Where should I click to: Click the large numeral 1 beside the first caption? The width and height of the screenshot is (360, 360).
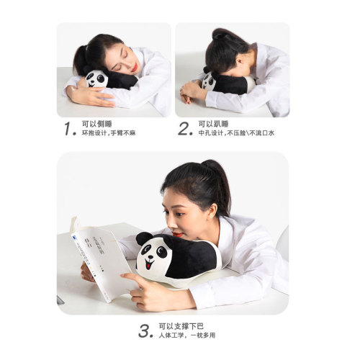(x=68, y=129)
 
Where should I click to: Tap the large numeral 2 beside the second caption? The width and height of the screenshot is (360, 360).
(x=185, y=129)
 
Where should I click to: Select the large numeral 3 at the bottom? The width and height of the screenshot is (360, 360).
(x=146, y=330)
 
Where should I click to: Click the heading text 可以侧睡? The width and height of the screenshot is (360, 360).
(x=98, y=124)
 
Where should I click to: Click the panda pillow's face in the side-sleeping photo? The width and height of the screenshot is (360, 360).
(x=96, y=78)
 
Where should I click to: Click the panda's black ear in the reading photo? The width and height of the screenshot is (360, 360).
(x=144, y=238)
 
